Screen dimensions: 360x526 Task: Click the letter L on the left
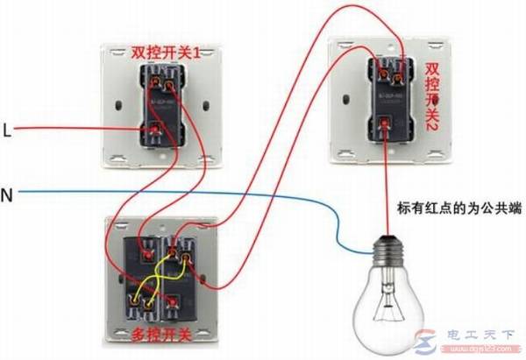click(7, 131)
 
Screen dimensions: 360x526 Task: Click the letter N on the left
click(7, 193)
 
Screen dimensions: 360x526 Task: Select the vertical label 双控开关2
click(431, 95)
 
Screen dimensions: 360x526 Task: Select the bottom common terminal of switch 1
click(157, 132)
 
